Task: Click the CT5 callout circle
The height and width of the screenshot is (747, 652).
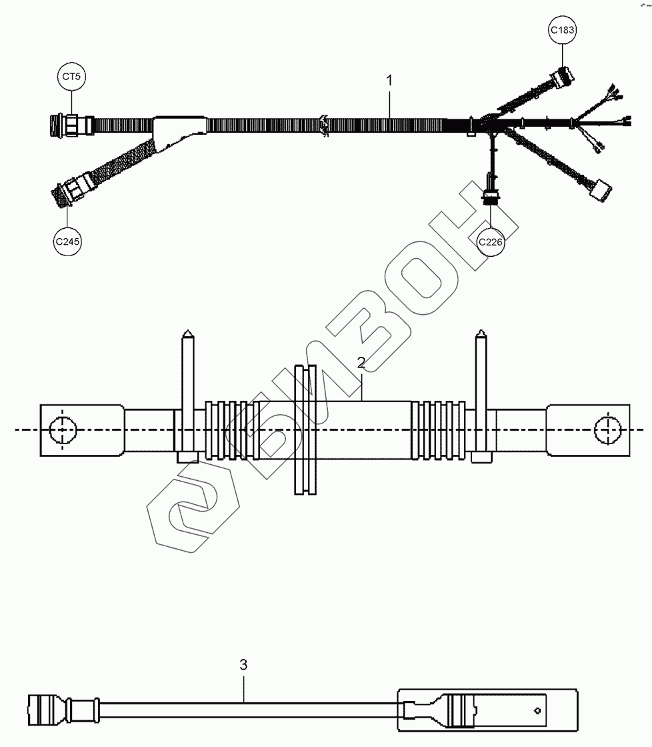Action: (x=71, y=77)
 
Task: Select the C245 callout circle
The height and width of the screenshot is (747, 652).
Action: (x=68, y=242)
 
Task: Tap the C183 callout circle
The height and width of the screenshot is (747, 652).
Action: (x=563, y=30)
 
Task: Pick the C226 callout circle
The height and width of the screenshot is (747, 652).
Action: (x=491, y=242)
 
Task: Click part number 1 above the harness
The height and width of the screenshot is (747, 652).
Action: (x=390, y=80)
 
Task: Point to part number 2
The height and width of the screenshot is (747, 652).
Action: (x=361, y=363)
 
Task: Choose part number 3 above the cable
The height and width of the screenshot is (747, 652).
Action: (x=243, y=664)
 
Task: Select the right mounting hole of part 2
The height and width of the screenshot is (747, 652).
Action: (x=607, y=430)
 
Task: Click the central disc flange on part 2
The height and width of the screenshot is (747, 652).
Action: (x=306, y=430)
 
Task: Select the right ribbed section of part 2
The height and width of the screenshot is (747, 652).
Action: (x=439, y=430)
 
